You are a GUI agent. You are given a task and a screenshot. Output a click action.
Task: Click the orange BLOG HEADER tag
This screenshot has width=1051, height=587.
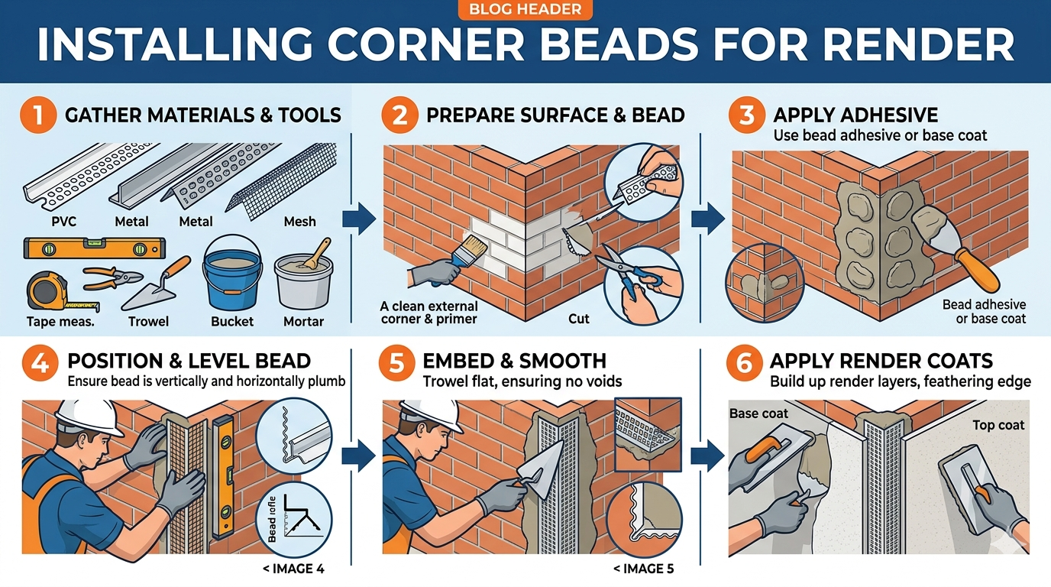[525, 10]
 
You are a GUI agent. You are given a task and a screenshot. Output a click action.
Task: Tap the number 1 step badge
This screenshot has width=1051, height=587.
[37, 115]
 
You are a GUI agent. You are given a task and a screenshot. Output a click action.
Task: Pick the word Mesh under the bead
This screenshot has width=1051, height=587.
[299, 222]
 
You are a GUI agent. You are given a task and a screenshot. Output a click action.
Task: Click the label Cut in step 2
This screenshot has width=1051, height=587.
[579, 318]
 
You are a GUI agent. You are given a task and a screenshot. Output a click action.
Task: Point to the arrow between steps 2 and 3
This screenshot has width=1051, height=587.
[707, 219]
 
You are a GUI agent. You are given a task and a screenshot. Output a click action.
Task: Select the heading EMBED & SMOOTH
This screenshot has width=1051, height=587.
[516, 361]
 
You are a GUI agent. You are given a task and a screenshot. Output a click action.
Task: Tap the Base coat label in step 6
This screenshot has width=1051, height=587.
[758, 413]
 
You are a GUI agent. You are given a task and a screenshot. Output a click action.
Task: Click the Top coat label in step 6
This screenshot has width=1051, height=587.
[998, 425]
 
